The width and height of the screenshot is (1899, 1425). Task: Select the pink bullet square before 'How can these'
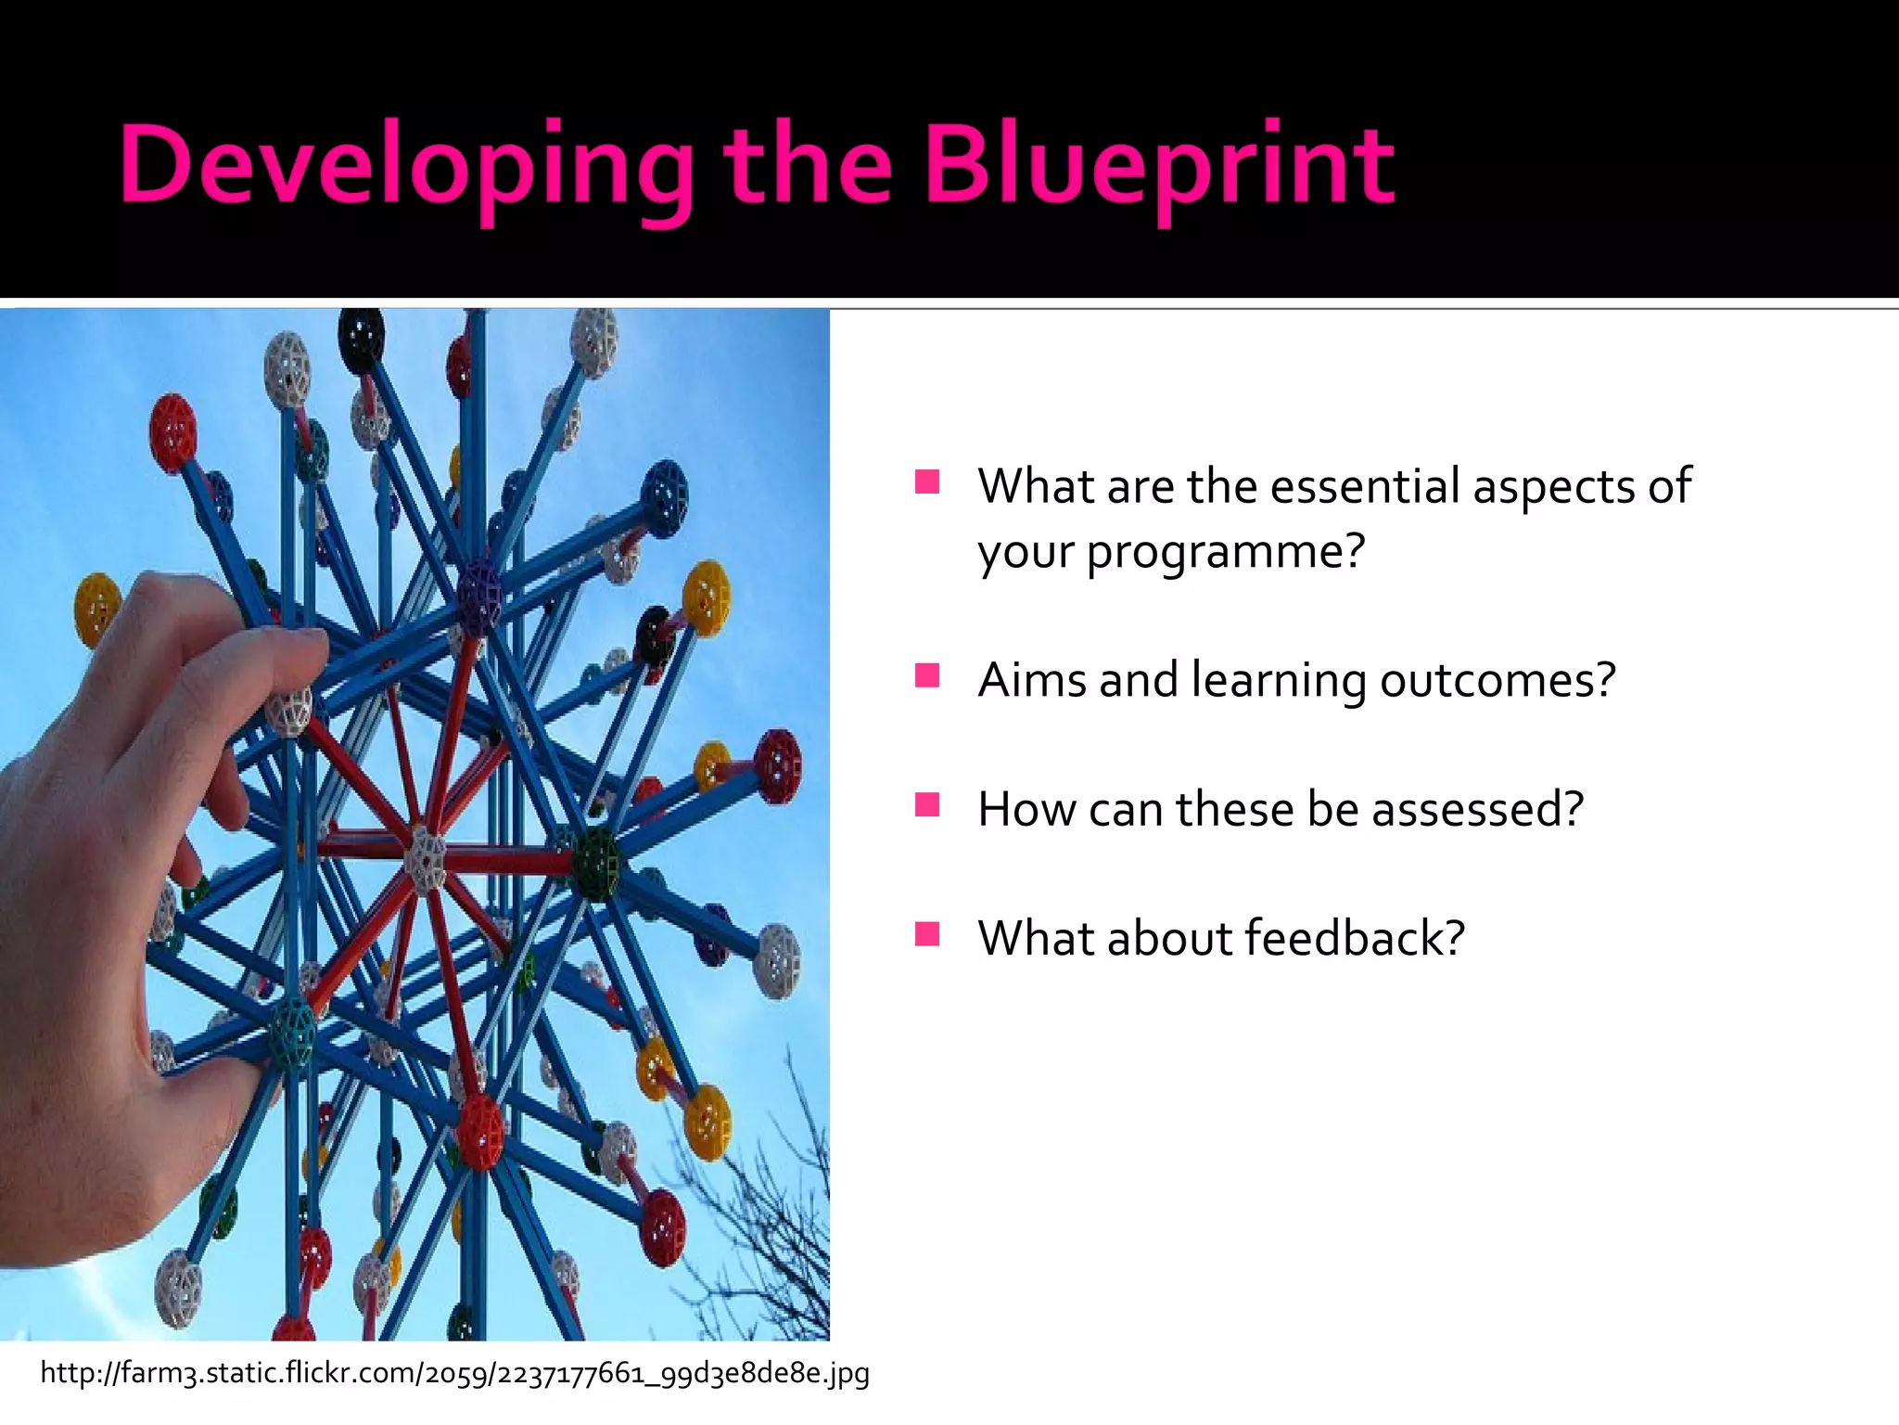(926, 804)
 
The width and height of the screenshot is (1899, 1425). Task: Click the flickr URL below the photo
(454, 1373)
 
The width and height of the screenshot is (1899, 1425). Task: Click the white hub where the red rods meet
(426, 859)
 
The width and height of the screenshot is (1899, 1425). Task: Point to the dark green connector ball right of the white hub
(594, 863)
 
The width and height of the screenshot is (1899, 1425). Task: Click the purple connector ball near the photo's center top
(479, 594)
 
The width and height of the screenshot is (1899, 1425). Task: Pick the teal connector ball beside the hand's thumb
(293, 1034)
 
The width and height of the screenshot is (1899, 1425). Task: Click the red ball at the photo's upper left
(173, 432)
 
